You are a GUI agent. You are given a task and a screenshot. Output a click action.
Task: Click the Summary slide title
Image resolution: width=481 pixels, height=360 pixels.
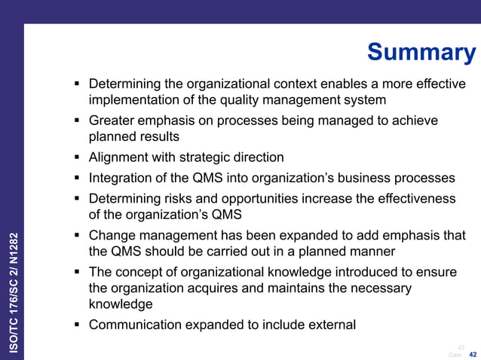click(x=421, y=53)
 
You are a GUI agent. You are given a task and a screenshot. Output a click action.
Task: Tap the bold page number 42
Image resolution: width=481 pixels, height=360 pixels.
click(x=473, y=354)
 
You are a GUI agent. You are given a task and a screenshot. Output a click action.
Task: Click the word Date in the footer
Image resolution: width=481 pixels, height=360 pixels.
click(x=455, y=354)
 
